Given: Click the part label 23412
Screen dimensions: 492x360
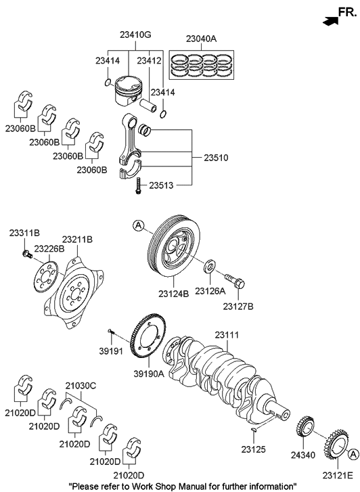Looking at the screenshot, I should pos(149,61).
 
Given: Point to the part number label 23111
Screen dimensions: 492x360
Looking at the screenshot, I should pos(228,335).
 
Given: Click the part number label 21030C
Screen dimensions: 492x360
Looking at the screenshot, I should pos(81,385).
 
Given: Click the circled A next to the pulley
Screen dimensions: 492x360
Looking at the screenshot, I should pos(138,225).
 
